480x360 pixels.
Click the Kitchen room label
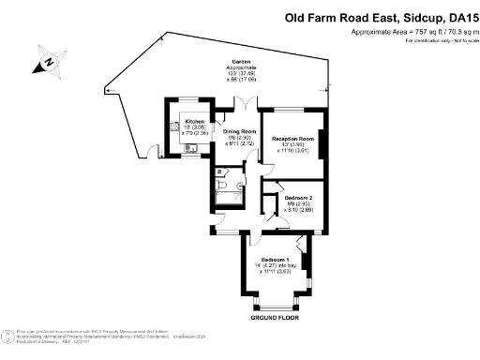194,122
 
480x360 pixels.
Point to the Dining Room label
239,131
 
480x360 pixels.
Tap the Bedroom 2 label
298,198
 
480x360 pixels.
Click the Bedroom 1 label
274,259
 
